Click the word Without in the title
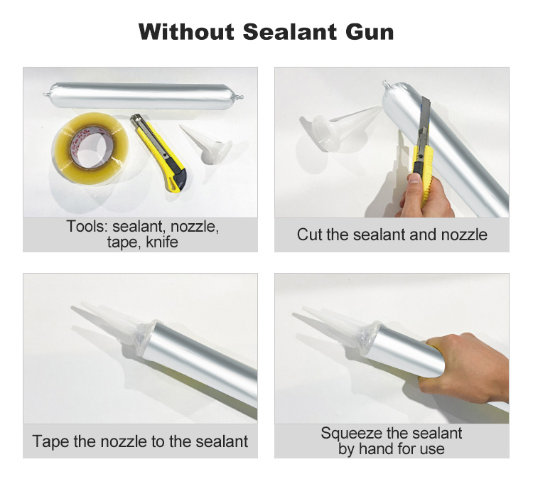pos(187,31)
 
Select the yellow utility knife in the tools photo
pos(158,153)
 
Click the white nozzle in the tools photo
pos(205,144)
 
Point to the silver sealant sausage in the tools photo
pos(143,95)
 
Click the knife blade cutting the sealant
pos(424,126)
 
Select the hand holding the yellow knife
pos(426,197)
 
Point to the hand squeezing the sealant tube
pos(465,367)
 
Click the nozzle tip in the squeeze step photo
pos(294,314)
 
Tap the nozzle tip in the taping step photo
pos(72,308)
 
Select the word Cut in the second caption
pos(309,235)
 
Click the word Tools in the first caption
pos(86,226)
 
